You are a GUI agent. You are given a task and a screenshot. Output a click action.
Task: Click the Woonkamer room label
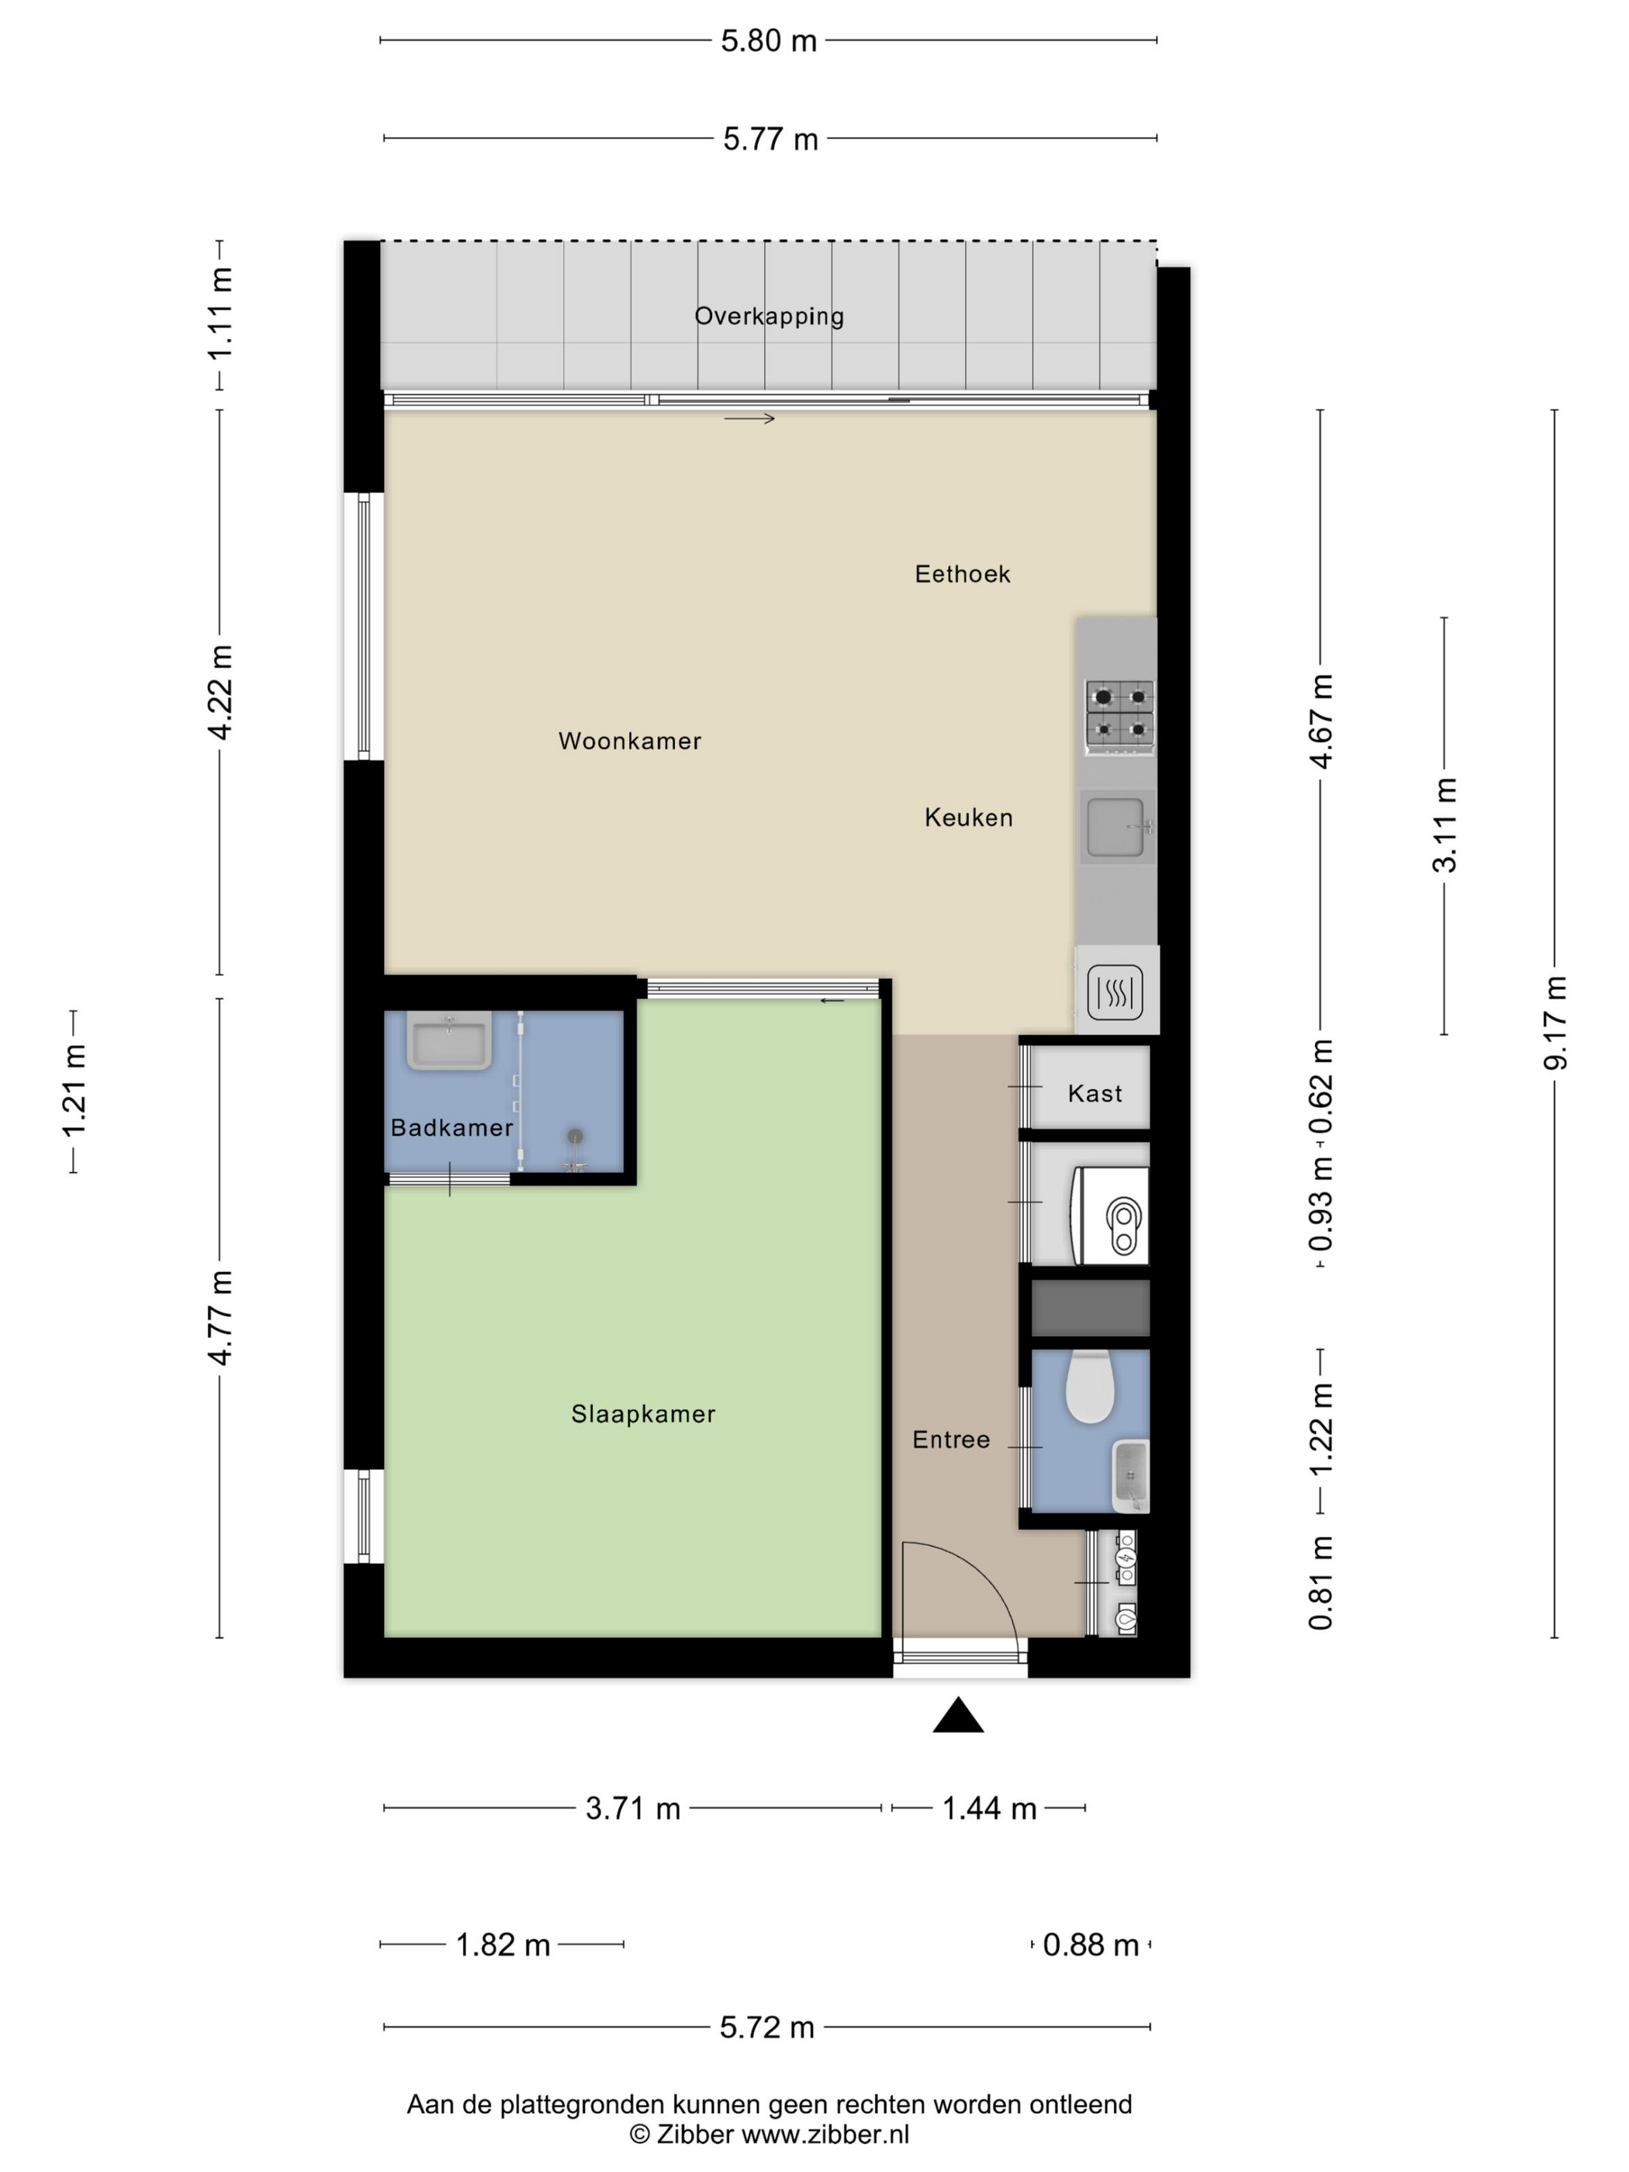pos(629,742)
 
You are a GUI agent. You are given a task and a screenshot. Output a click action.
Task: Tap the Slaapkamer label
pos(643,1414)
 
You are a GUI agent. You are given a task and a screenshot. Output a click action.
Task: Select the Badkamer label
pos(451,1127)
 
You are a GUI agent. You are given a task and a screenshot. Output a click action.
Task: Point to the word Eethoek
pos(963,575)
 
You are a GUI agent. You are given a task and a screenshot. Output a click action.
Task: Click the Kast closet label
pos(1095,1094)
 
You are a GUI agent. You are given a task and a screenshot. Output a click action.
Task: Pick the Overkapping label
pos(769,316)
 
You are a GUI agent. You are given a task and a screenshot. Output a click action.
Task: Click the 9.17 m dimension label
pos(1555,1023)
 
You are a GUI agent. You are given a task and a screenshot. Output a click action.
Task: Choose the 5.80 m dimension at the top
pos(769,40)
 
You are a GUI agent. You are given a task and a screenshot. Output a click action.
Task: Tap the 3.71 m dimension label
pos(632,1809)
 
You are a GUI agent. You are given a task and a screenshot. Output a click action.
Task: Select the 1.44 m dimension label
pos(989,1809)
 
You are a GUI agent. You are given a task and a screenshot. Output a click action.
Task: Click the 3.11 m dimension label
pos(1444,825)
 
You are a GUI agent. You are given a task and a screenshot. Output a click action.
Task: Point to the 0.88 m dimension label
pos(1090,1945)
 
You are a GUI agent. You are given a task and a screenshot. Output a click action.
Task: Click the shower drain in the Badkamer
pos(576,1136)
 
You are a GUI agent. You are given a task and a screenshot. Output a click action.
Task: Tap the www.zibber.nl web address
pos(825,2134)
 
